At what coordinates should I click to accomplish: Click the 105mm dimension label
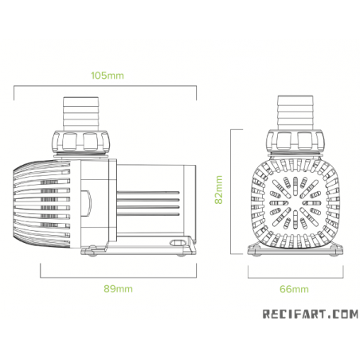pyautogui.click(x=107, y=76)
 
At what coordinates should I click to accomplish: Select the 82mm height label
pyautogui.click(x=217, y=190)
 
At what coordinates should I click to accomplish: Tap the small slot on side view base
pyautogui.click(x=171, y=241)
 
